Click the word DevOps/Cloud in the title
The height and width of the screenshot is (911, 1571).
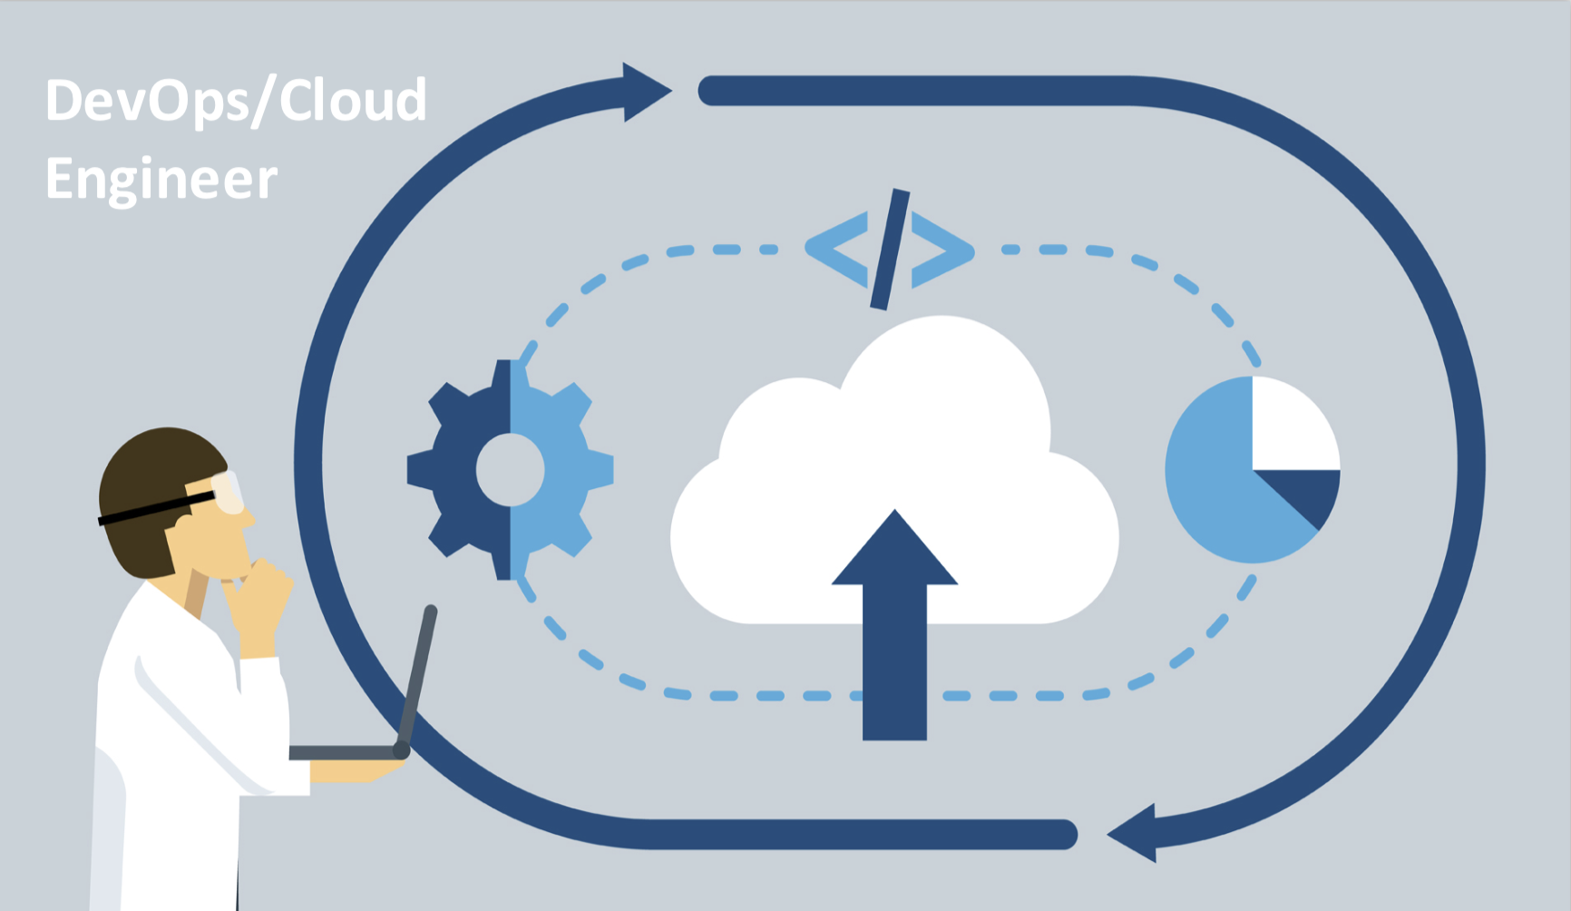coord(236,100)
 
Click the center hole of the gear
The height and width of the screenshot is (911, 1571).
coord(510,469)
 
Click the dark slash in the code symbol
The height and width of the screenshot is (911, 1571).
coord(890,250)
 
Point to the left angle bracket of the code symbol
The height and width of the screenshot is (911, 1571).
coord(836,250)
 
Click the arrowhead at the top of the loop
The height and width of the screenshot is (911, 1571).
coord(647,92)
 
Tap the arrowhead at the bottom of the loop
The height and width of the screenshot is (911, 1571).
coord(1132,833)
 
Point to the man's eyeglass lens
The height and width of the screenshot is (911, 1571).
coord(229,491)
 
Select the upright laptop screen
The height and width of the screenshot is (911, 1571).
coord(417,681)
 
